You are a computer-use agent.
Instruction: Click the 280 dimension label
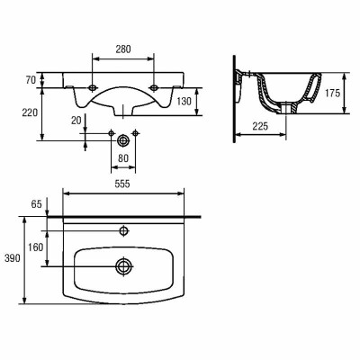tap(123, 49)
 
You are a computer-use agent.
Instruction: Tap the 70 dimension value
tap(31, 80)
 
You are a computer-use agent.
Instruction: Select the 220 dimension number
tap(30, 112)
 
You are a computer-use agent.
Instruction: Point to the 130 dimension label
tap(184, 102)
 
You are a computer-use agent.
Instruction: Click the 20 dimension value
tap(76, 121)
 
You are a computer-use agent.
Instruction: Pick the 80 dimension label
tap(123, 158)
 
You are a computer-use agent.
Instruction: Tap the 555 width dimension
tap(122, 184)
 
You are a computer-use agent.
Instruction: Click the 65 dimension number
tap(36, 204)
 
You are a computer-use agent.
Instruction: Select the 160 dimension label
tap(36, 247)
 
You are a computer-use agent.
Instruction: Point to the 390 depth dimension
tap(13, 257)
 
